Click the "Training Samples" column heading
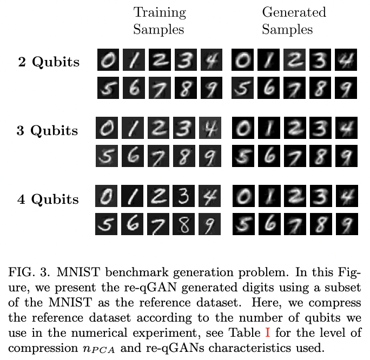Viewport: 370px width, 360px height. click(x=160, y=20)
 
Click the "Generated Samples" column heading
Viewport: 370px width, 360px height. click(x=294, y=20)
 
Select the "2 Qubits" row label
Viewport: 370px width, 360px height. click(x=48, y=62)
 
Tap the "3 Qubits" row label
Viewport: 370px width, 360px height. click(x=48, y=131)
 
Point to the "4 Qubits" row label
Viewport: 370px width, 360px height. click(x=48, y=199)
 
